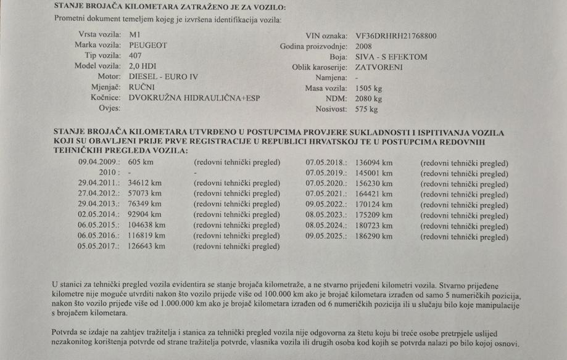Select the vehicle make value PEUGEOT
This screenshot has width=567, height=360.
coord(148,46)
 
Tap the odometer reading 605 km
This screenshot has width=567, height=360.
coord(141,163)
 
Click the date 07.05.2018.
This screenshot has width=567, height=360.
coord(328,163)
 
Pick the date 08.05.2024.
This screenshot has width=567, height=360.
coord(328,225)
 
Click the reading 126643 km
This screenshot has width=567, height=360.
coord(147,246)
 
